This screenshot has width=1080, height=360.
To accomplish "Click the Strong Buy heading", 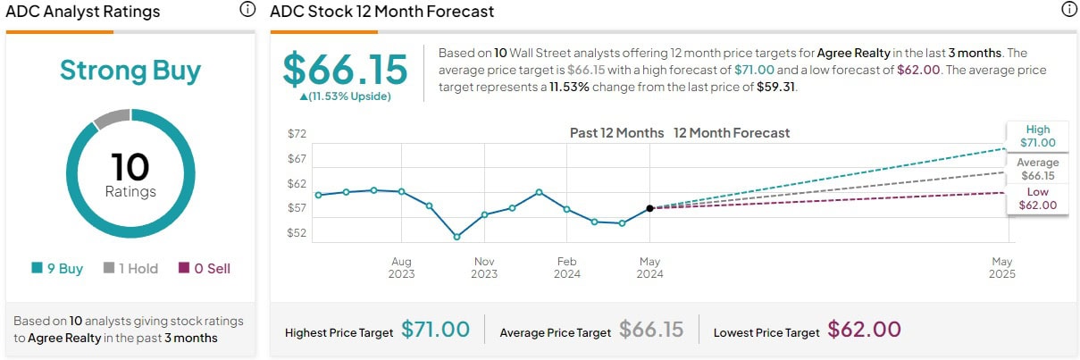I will pos(130,71).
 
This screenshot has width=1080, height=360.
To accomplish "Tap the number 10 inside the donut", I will pos(130,167).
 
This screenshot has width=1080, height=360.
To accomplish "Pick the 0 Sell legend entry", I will pos(205,268).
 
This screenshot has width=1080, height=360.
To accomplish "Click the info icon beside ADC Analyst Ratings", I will pos(247,10).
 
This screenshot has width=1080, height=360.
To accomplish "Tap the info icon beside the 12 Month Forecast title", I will pos(1068,10).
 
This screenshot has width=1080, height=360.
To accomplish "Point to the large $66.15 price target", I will pos(345,70).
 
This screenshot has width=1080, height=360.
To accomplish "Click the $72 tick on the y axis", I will pos(297,134).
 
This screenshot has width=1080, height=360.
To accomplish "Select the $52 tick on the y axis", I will pos(297,233).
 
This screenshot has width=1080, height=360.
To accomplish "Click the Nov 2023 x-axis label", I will pos(484,267).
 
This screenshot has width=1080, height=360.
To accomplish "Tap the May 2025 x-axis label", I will pos(1001,267).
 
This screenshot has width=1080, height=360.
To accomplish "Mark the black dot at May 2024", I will pos(649,208).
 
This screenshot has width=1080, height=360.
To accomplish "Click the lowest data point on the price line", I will pos(456,237).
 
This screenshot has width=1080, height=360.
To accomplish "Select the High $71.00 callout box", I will pos(1038,136).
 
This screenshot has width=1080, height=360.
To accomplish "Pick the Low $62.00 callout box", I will pos(1038,198).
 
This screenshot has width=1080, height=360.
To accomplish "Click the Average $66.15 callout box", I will pos(1038,169).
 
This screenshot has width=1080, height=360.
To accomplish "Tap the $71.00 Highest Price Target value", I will pos(435,330).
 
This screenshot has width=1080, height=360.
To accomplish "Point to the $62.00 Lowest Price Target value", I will pos(864,330).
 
